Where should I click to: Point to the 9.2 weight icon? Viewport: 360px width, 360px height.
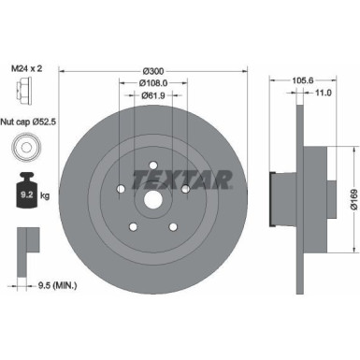(x=22, y=194)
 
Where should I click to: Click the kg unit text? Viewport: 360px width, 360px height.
(x=43, y=196)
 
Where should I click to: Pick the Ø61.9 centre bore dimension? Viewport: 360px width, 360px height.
(x=154, y=94)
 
